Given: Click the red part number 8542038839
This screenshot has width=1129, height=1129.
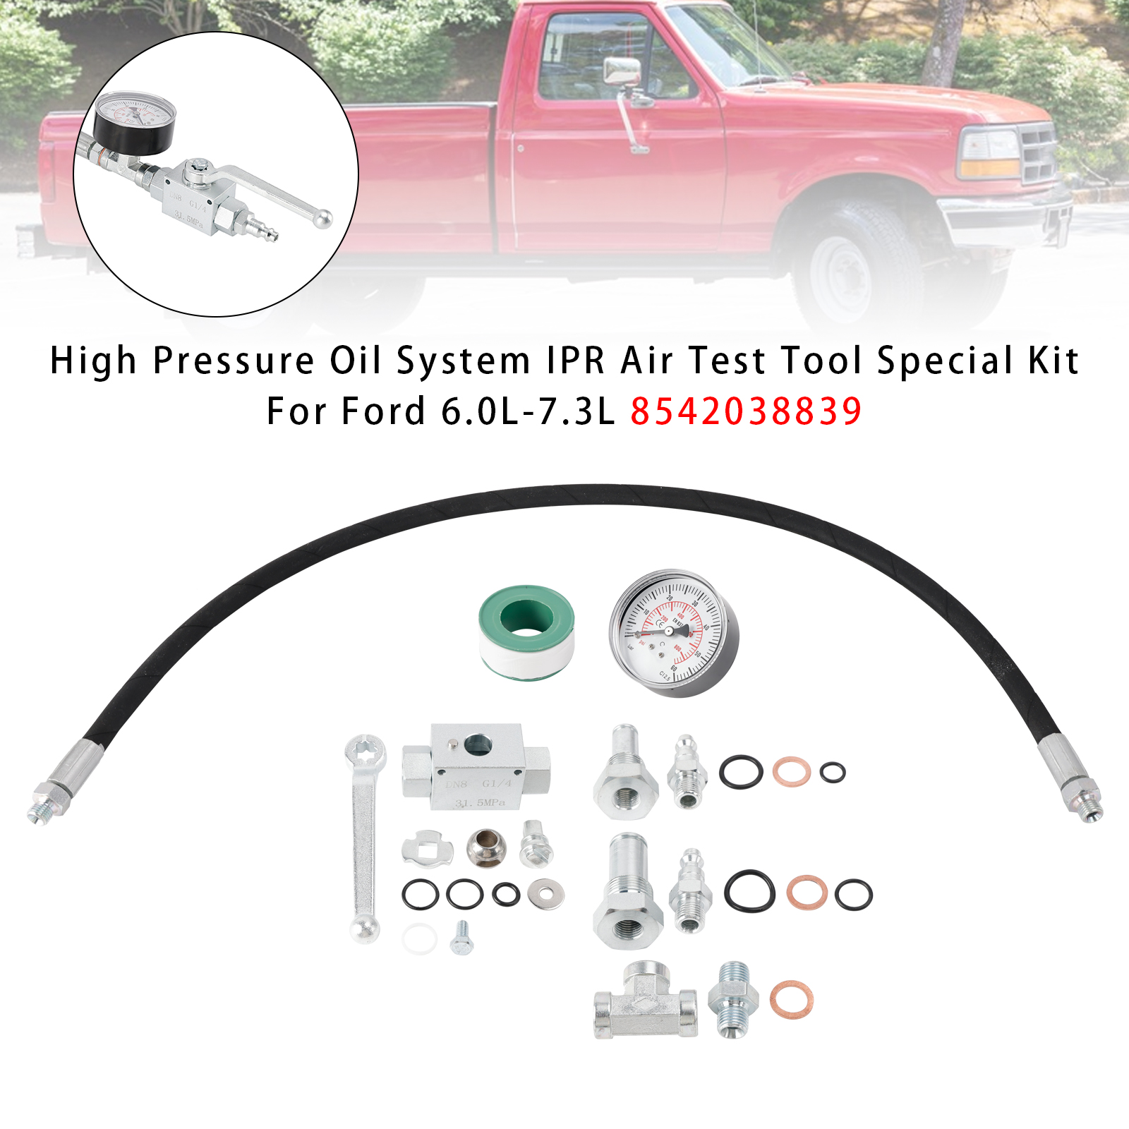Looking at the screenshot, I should pyautogui.click(x=745, y=411).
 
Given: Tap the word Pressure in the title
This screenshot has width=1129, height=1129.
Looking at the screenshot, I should pyautogui.click(x=233, y=361).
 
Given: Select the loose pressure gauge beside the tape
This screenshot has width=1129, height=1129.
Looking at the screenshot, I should pyautogui.click(x=673, y=633).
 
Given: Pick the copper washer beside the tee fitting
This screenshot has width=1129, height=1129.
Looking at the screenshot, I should pyautogui.click(x=790, y=1000).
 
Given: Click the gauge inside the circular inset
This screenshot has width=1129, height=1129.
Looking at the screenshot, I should pyautogui.click(x=134, y=120).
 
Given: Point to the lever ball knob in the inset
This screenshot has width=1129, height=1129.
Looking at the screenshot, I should pyautogui.click(x=322, y=219).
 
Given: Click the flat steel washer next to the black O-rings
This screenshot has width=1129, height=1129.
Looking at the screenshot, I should pyautogui.click(x=545, y=894).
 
